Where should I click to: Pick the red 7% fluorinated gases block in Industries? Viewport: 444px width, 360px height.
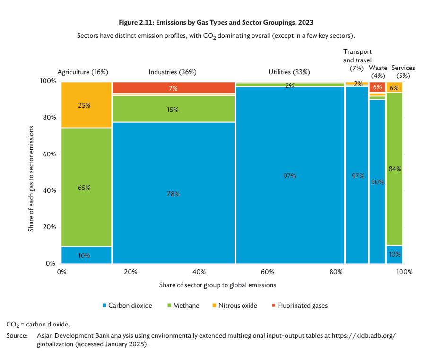pyautogui.click(x=174, y=88)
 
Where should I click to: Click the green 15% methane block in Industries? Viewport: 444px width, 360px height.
pyautogui.click(x=174, y=109)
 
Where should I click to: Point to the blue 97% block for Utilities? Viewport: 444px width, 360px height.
pyautogui.click(x=289, y=176)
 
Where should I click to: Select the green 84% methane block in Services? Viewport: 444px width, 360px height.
pyautogui.click(x=394, y=169)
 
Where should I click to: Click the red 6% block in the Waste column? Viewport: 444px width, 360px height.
pyautogui.click(x=377, y=87)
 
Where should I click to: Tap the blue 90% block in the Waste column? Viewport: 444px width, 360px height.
pyautogui.click(x=377, y=181)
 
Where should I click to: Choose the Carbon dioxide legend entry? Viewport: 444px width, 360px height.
pyautogui.click(x=127, y=305)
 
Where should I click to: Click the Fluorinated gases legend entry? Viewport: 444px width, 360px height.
pyautogui.click(x=298, y=305)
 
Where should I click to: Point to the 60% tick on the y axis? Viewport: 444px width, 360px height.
pyautogui.click(x=49, y=154)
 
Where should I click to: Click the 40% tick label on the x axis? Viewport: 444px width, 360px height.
pyautogui.click(x=199, y=272)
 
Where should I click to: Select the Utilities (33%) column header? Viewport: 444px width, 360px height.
pyautogui.click(x=289, y=72)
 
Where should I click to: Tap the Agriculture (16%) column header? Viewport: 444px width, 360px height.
pyautogui.click(x=83, y=72)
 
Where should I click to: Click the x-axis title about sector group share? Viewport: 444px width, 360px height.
pyautogui.click(x=218, y=285)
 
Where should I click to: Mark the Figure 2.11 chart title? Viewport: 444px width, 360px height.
pyautogui.click(x=216, y=22)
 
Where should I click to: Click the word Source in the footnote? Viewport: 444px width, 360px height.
pyautogui.click(x=17, y=335)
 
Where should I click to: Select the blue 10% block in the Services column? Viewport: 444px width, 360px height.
pyautogui.click(x=394, y=254)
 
